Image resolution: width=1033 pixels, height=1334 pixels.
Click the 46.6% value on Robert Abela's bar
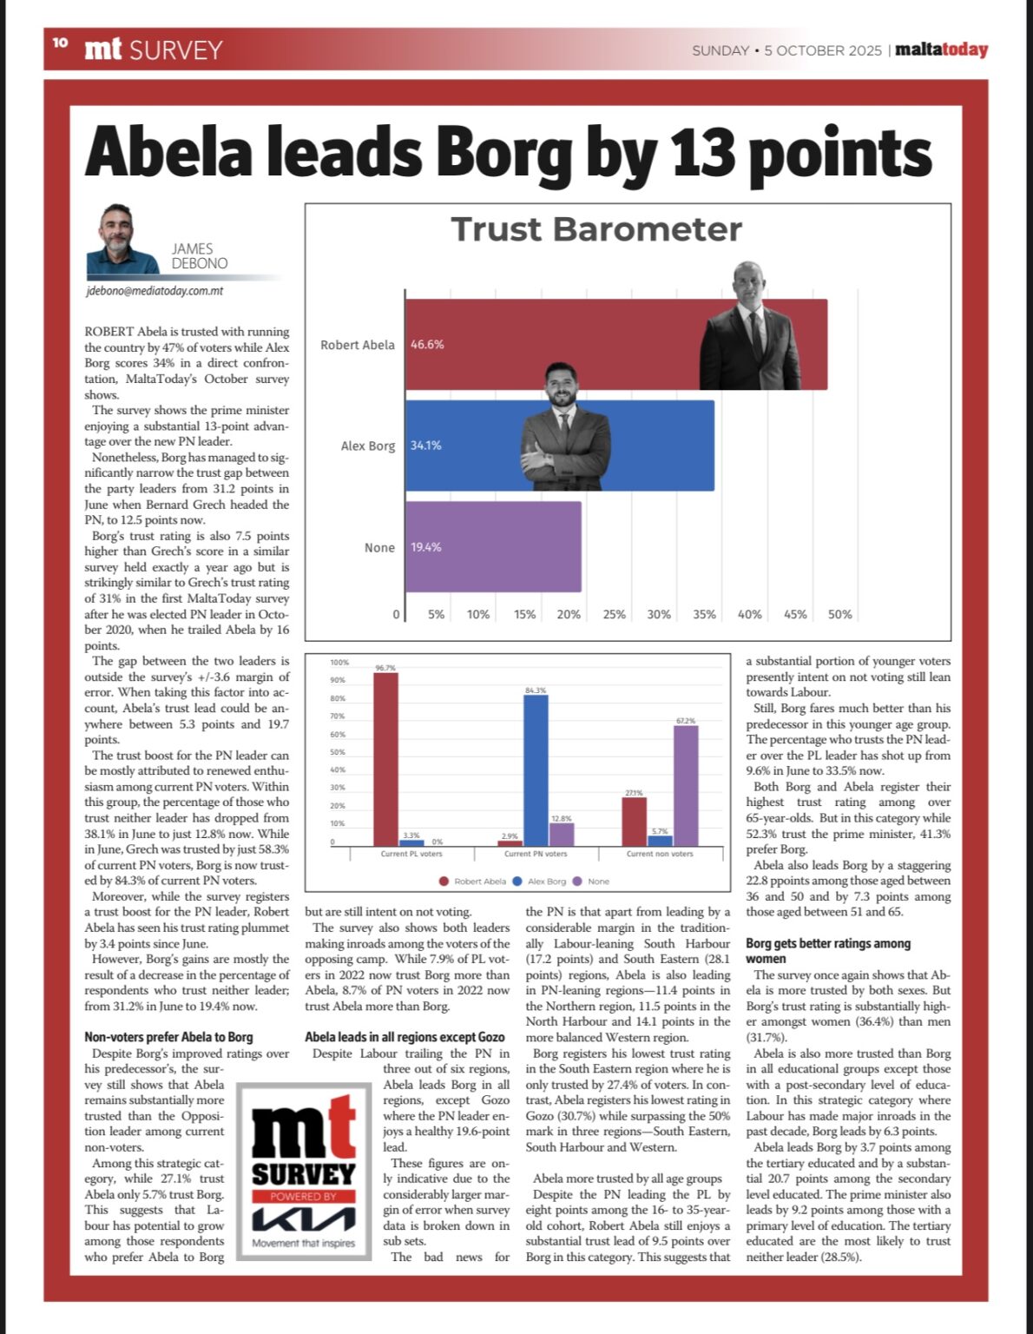click(427, 345)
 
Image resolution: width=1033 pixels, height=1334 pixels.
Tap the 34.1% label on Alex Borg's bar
click(425, 446)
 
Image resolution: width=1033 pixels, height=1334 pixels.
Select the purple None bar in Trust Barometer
click(493, 547)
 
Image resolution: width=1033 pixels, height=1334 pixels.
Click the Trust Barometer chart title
click(596, 230)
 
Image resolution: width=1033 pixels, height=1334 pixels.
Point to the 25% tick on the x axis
click(614, 614)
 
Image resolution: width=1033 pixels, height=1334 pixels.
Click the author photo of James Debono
click(122, 241)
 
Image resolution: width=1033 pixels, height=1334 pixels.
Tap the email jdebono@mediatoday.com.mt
click(155, 291)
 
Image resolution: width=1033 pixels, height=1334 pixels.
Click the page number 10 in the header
click(59, 43)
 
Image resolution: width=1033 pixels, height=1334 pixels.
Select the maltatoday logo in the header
click(941, 50)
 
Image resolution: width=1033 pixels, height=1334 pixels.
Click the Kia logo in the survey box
click(303, 1220)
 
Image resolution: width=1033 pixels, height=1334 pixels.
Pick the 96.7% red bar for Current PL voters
click(385, 758)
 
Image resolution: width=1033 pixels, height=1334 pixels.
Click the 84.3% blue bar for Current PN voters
click(536, 769)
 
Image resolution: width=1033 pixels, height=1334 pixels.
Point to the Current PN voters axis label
click(536, 854)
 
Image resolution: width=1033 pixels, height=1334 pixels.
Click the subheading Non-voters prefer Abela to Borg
click(168, 1037)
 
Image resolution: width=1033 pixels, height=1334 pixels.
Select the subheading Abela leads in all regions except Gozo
click(405, 1037)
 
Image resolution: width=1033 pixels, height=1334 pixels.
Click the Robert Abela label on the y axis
click(357, 345)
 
